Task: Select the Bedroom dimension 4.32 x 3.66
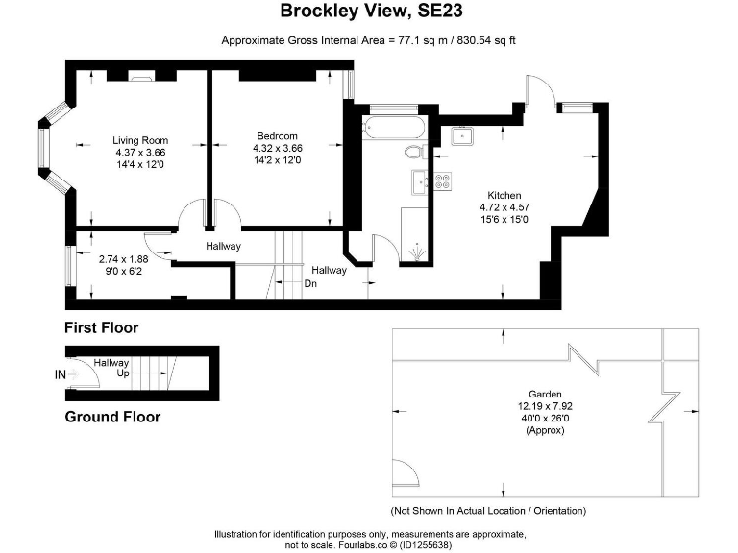pos(277,149)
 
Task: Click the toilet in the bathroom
pos(414,151)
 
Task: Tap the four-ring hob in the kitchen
pos(443,180)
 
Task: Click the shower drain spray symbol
pos(415,252)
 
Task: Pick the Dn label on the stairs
pos(310,283)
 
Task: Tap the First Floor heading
pos(102,327)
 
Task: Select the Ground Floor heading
pos(112,417)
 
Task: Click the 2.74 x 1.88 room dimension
pos(123,259)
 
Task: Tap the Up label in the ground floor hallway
pos(123,373)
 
